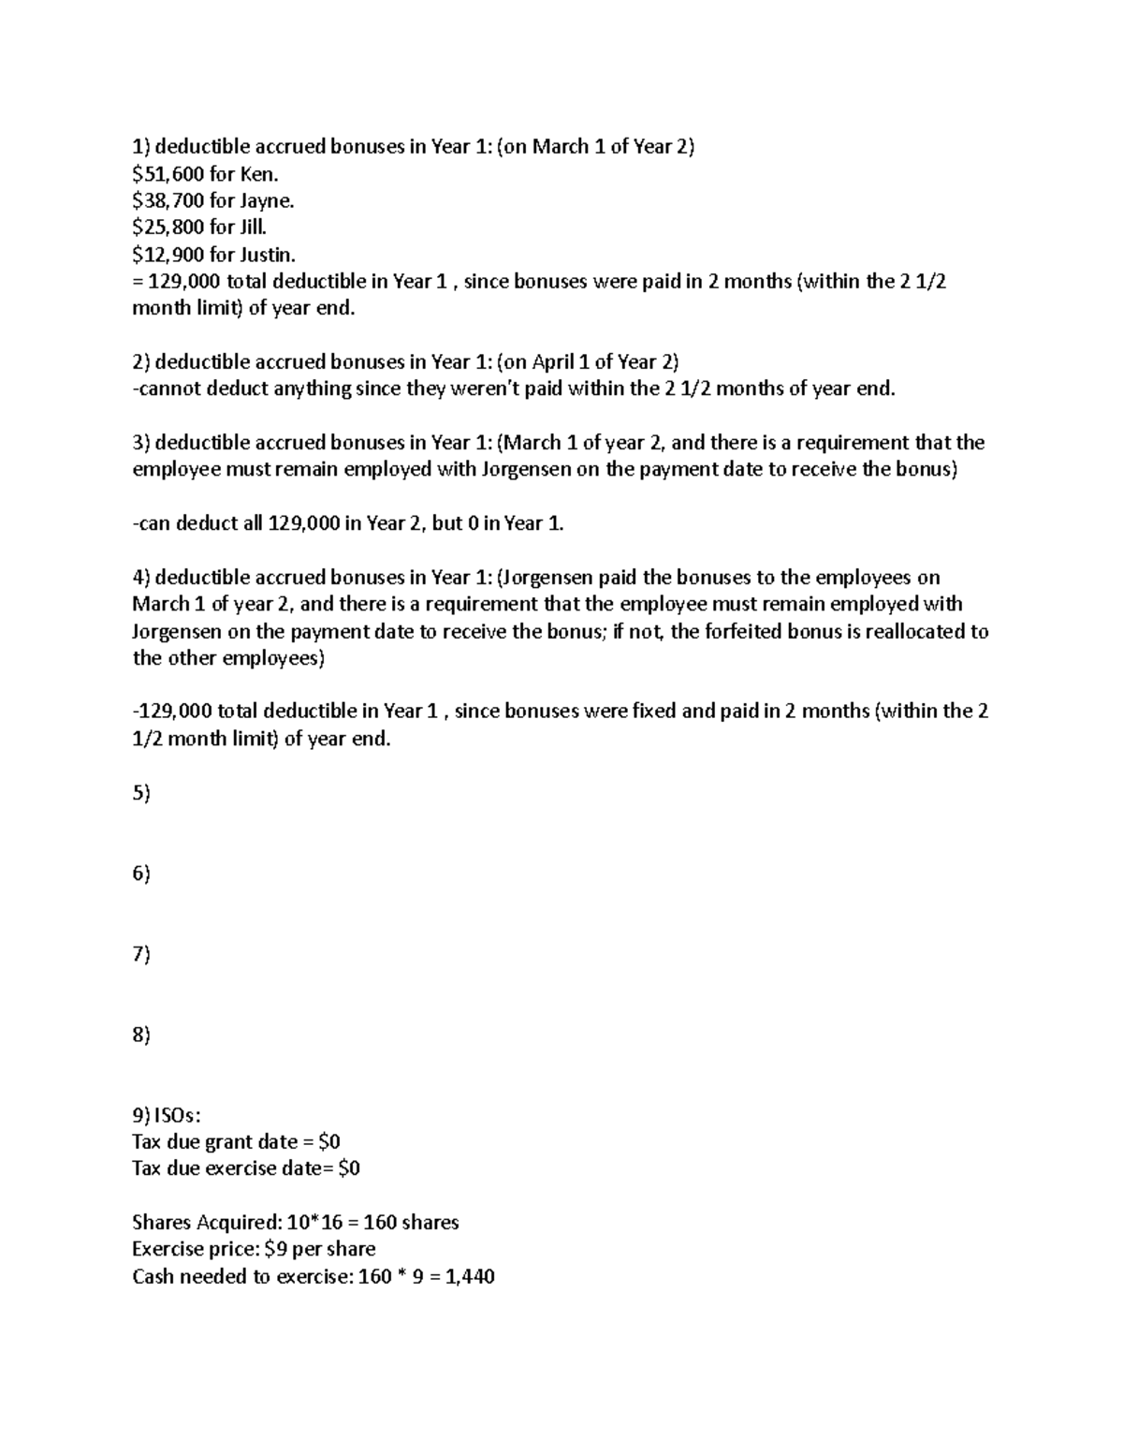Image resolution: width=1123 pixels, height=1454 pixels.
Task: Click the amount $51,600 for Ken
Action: [168, 173]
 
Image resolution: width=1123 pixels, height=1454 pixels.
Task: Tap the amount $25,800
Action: [168, 228]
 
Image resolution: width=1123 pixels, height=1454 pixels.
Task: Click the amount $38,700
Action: [168, 200]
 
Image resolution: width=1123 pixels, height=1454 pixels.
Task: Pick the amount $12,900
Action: [168, 255]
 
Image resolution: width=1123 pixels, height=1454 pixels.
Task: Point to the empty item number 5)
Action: [141, 793]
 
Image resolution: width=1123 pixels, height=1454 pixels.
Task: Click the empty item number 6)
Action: [141, 874]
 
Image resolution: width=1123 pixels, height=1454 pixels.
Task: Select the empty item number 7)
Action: [141, 954]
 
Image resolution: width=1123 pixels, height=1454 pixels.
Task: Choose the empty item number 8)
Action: [141, 1035]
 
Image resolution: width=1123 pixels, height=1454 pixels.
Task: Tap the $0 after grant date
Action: [328, 1142]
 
